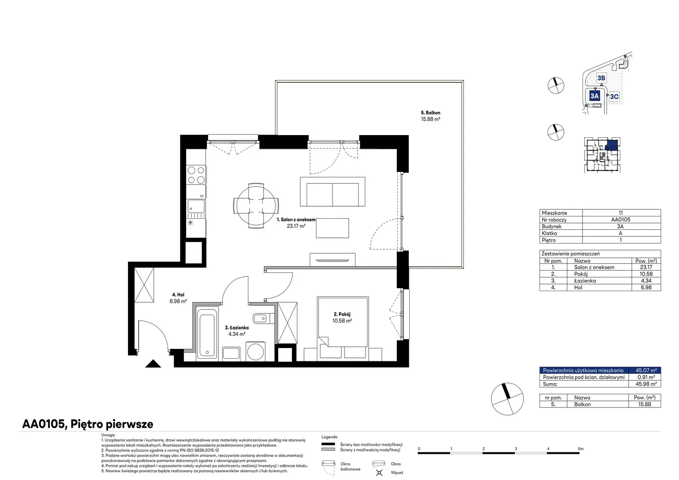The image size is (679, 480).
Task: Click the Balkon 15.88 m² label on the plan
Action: click(x=431, y=116)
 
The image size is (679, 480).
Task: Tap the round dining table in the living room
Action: click(x=256, y=206)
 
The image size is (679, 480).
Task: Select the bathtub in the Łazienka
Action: click(x=207, y=334)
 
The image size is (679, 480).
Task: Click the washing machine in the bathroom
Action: click(x=256, y=352)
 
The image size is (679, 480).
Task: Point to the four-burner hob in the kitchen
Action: click(x=196, y=175)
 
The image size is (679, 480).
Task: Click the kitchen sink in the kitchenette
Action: click(x=196, y=206)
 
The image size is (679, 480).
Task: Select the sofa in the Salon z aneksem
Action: click(x=332, y=192)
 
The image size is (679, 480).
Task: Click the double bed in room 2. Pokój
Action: click(x=343, y=321)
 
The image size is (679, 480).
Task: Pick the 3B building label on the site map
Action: click(x=601, y=78)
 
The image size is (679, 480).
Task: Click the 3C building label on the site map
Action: click(x=614, y=96)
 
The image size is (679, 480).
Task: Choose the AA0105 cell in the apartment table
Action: click(x=620, y=220)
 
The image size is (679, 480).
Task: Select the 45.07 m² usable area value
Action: click(x=646, y=370)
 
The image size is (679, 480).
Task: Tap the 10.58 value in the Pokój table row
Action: click(x=646, y=274)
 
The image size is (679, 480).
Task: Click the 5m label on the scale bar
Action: click(x=580, y=448)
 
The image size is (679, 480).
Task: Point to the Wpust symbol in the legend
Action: click(x=379, y=472)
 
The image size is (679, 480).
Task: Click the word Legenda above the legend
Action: click(x=329, y=437)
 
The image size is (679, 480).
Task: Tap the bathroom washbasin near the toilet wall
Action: click(x=260, y=318)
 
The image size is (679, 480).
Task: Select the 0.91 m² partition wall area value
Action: click(x=646, y=377)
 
